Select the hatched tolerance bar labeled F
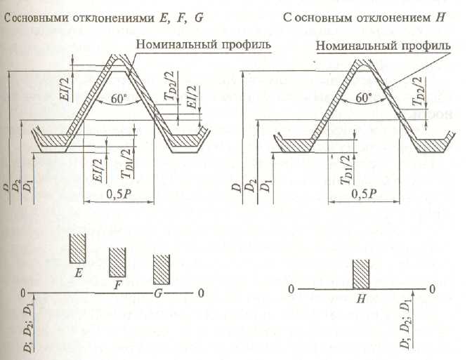117,262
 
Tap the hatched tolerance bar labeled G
162,269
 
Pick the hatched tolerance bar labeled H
361,273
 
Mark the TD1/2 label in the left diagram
126,163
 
